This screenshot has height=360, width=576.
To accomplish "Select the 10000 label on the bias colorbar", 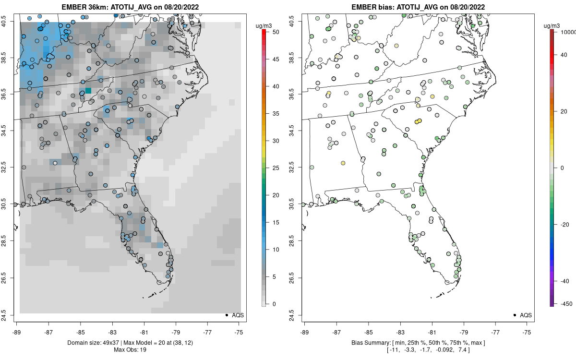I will pos(567,32).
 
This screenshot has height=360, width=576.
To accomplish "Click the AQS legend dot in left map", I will pos(226,315).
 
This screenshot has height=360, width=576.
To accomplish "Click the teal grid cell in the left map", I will pos(88,90).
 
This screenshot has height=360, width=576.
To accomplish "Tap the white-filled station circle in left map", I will pos(55,163).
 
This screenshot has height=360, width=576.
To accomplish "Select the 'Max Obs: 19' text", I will pos(130,349).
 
